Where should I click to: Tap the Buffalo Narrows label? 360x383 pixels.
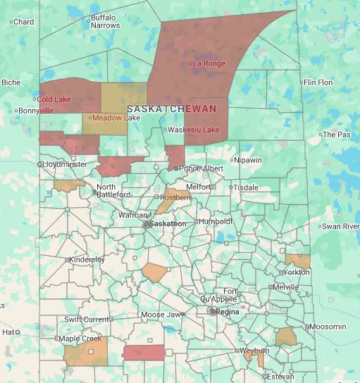[105, 21]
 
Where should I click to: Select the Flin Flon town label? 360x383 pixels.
[318, 83]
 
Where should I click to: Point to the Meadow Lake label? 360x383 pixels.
[116, 118]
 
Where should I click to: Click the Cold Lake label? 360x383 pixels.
[54, 99]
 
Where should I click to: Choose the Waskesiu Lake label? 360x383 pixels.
[193, 130]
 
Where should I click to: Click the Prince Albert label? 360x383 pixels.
[201, 169]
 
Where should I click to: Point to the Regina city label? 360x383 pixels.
[228, 311]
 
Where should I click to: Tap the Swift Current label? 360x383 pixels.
[87, 320]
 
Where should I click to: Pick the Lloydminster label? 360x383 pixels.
[65, 164]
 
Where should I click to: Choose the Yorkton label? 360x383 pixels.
[295, 272]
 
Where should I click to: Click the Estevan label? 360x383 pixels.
[280, 377]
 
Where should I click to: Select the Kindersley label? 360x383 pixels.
[87, 260]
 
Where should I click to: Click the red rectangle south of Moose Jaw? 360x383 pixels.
[144, 352]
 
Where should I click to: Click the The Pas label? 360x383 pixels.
[336, 135]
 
